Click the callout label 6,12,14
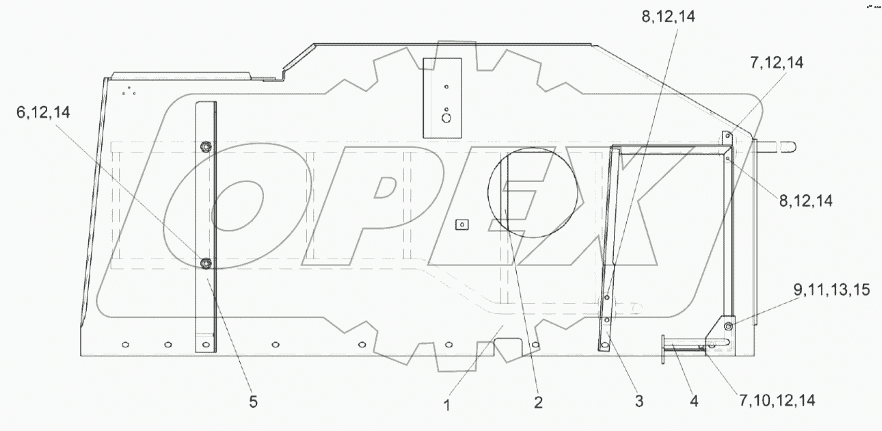tap(43, 113)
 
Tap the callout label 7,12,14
tap(777, 63)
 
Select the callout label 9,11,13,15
tap(831, 290)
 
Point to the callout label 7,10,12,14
tap(777, 401)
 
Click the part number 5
tap(253, 402)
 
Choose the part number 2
tap(538, 402)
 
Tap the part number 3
tap(639, 402)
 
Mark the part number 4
tap(694, 402)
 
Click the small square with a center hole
tap(462, 224)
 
